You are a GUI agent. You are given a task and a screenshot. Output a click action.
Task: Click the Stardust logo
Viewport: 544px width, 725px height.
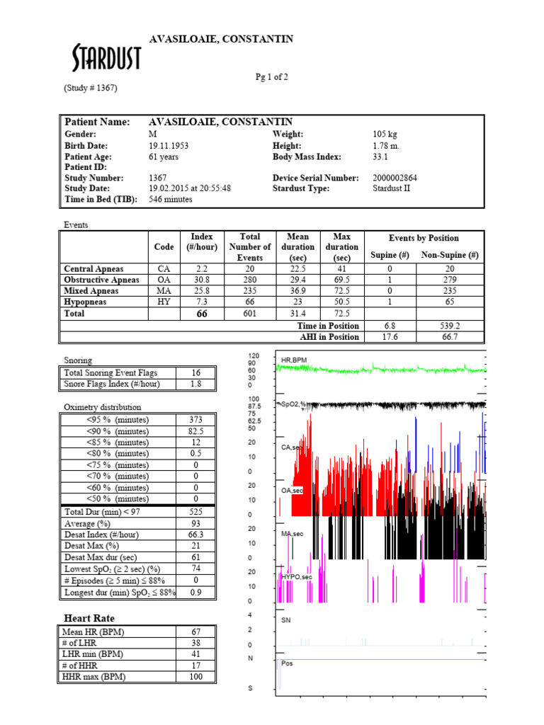tap(107, 58)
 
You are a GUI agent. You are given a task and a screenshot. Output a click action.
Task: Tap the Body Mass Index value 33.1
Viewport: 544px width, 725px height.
tap(382, 156)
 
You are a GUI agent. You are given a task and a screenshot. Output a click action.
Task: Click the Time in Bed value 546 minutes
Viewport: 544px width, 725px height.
tap(171, 199)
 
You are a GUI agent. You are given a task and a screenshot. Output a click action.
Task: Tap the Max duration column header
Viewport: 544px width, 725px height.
tap(341, 247)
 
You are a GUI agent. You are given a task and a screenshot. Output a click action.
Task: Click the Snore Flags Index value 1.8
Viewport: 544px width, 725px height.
tap(196, 384)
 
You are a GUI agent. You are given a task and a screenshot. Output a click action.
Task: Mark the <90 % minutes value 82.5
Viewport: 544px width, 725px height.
tap(196, 430)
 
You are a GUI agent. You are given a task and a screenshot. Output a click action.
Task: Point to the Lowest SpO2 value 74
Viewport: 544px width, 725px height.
tap(196, 569)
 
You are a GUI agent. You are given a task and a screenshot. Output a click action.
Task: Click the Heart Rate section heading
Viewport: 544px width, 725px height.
tap(89, 619)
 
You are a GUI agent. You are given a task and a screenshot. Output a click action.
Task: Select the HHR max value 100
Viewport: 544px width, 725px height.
tap(196, 677)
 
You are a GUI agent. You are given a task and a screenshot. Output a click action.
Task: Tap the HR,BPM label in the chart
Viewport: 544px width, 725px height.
tap(295, 360)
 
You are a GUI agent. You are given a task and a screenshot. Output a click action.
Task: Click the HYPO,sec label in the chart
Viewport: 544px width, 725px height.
tap(297, 577)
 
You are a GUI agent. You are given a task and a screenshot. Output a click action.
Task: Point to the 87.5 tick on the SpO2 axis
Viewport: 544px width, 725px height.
tap(254, 407)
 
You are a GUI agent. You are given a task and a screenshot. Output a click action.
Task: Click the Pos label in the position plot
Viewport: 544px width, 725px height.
tap(287, 664)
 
